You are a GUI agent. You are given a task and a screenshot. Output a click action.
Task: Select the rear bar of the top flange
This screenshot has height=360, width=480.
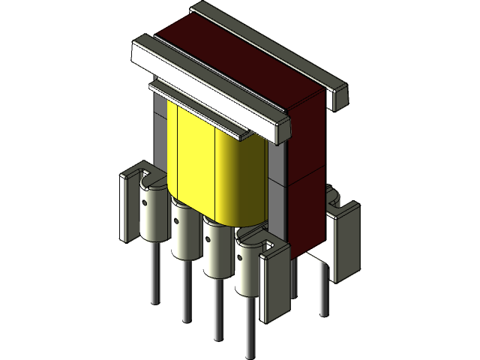(x=270, y=45)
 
